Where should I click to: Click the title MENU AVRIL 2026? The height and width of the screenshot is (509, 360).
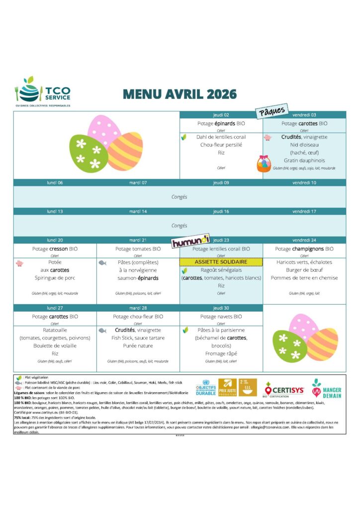[x=180, y=94]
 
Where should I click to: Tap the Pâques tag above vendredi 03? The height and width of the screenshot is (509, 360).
[x=272, y=111]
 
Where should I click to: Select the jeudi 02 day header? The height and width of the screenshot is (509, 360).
[x=221, y=115]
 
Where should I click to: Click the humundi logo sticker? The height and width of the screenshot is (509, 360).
[x=190, y=241]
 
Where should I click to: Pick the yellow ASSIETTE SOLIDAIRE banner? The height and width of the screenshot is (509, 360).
[x=221, y=262]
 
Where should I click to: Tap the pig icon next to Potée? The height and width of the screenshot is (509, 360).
[x=19, y=262]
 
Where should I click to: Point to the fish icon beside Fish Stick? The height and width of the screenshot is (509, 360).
[x=102, y=330]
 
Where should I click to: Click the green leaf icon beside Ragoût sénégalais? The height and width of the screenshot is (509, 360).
[x=185, y=270]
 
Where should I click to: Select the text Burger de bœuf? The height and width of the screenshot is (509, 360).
[x=304, y=270]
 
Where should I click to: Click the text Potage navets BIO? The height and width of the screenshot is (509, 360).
[x=221, y=317]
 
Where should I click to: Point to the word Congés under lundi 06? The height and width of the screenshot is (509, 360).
[x=179, y=197]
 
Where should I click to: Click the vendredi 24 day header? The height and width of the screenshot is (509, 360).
[x=304, y=240]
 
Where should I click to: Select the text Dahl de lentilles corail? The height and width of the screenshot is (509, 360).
[x=221, y=137]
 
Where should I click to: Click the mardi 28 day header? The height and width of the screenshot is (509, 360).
[x=138, y=308]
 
